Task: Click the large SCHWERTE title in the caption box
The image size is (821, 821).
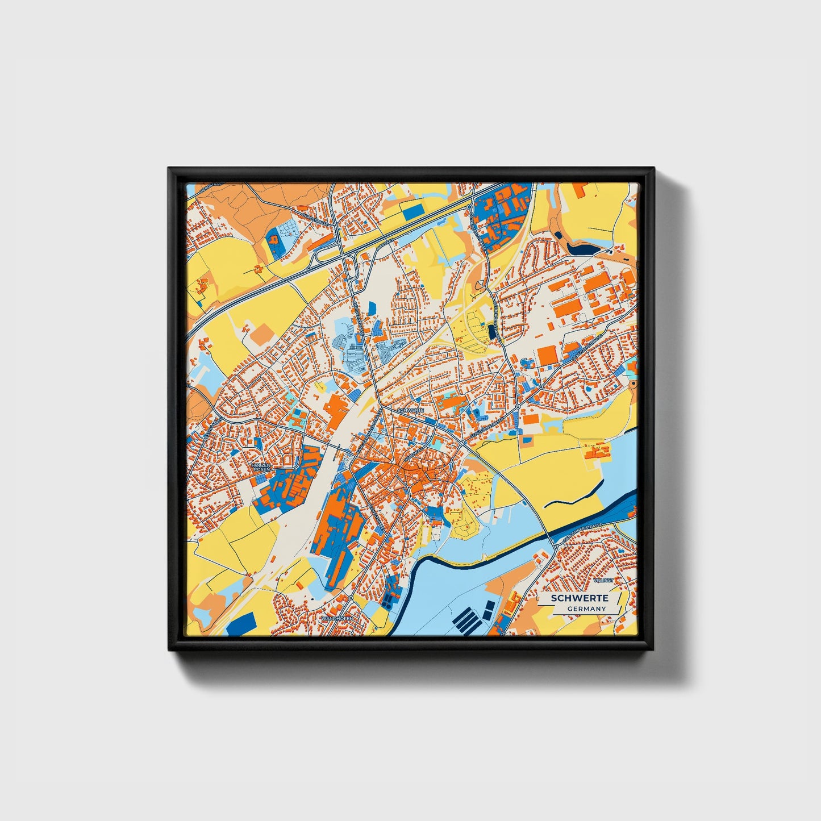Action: pos(580,598)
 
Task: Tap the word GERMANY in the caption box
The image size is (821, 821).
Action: pos(586,609)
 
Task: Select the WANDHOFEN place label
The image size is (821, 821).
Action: pos(337,618)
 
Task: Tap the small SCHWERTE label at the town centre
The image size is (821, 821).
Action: pos(411,410)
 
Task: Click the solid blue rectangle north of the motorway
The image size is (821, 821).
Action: pos(413,211)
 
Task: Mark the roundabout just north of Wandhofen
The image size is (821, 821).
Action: pos(352,598)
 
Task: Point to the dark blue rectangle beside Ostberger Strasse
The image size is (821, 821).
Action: pos(491,331)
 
